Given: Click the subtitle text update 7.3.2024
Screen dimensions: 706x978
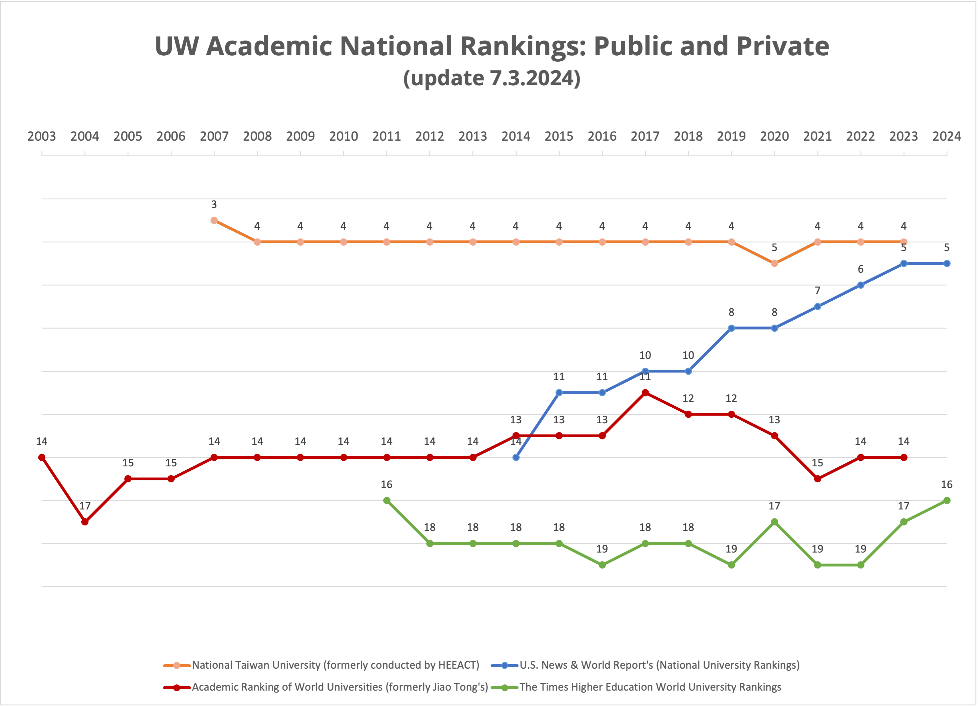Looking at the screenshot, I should (492, 78).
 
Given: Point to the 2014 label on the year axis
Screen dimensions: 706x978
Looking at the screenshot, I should (516, 136).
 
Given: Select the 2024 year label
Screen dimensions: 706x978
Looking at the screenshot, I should (947, 136).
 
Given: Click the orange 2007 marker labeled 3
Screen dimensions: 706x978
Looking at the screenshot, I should (214, 221).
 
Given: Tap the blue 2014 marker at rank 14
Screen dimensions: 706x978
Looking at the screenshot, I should (516, 458).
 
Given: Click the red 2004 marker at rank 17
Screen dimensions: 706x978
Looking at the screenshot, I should (85, 522).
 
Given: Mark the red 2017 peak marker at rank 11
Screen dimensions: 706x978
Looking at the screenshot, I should (645, 393).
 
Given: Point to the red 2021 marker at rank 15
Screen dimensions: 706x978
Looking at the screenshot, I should (818, 479).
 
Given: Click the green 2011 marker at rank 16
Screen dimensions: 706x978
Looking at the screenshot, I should (387, 501).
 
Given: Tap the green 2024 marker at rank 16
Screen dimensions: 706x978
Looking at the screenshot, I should (947, 501).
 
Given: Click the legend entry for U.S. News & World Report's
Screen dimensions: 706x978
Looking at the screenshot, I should (659, 665).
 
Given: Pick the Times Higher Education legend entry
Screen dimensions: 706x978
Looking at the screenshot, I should (650, 687).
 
